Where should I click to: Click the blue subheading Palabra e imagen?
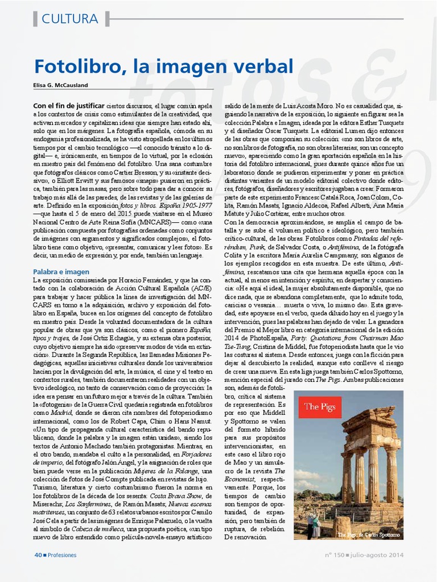[61, 272]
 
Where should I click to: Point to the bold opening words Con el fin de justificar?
[68, 106]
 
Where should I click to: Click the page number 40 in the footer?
[38, 555]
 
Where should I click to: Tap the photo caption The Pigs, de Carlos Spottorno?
[369, 534]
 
